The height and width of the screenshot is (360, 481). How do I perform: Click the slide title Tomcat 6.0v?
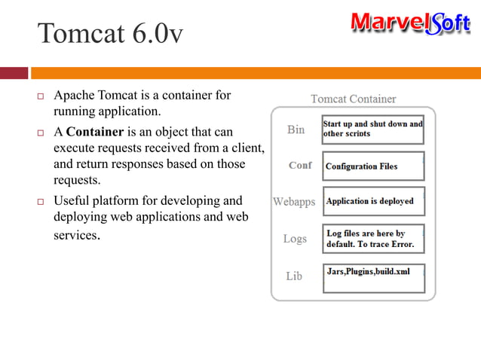click(110, 33)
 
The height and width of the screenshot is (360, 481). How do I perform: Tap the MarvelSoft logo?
click(410, 23)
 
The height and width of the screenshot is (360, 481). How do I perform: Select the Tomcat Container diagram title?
click(354, 99)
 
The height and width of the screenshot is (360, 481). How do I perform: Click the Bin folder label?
click(296, 130)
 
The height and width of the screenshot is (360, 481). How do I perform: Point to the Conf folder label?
click(300, 165)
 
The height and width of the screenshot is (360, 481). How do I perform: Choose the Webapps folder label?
click(294, 202)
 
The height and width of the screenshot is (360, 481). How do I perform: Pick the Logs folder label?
click(295, 239)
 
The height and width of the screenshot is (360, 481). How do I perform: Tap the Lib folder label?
click(294, 276)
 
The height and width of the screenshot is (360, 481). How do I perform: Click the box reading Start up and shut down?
click(372, 129)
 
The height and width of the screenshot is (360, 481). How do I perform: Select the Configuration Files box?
click(372, 166)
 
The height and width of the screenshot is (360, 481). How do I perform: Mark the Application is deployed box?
click(372, 202)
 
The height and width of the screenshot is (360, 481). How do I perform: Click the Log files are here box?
click(372, 239)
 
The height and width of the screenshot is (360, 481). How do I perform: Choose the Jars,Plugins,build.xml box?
click(372, 276)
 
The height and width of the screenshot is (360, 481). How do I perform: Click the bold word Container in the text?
click(93, 132)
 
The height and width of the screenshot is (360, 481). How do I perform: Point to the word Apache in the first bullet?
click(74, 96)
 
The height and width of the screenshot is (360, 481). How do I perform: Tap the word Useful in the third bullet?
click(71, 201)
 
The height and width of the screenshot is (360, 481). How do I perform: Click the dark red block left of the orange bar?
click(14, 73)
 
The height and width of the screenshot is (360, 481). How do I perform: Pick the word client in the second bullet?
click(247, 148)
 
